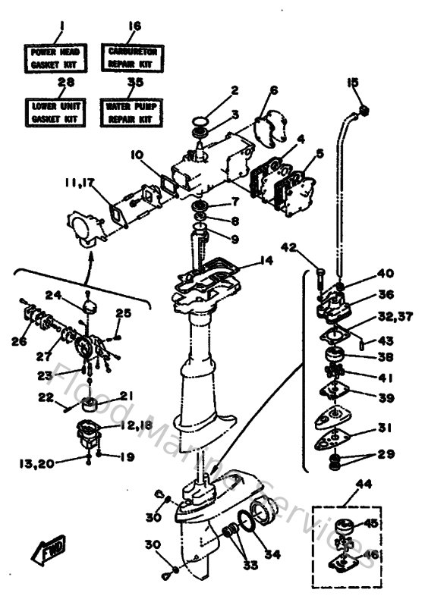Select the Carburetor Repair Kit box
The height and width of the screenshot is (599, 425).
click(x=134, y=58)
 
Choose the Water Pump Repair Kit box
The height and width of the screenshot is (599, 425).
click(x=134, y=112)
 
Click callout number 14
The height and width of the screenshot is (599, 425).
click(x=265, y=259)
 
